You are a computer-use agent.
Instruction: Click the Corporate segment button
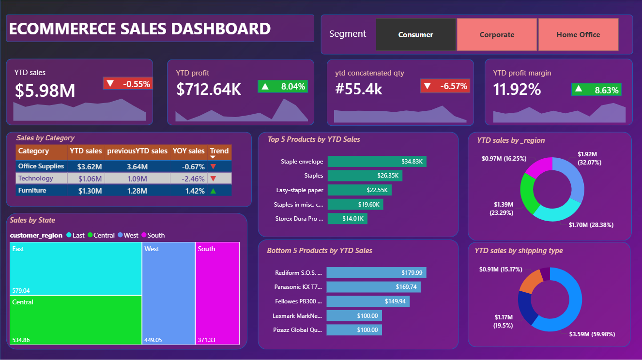pyautogui.click(x=497, y=35)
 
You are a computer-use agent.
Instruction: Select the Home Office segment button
pyautogui.click(x=578, y=35)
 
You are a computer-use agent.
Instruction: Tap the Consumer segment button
pyautogui.click(x=415, y=35)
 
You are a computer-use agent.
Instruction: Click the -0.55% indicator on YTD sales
pyautogui.click(x=128, y=84)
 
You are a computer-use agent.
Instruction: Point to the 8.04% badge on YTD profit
pyautogui.click(x=283, y=86)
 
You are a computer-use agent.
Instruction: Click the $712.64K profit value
pyautogui.click(x=208, y=89)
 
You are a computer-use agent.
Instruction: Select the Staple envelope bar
pyautogui.click(x=377, y=161)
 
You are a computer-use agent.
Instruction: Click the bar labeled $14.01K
pyautogui.click(x=347, y=219)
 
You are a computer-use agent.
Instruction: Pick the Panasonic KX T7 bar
pyautogui.click(x=373, y=286)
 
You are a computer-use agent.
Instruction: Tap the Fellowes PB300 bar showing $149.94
pyautogui.click(x=368, y=301)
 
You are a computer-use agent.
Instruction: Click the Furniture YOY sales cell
pyautogui.click(x=189, y=191)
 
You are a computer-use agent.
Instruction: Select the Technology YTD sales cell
pyautogui.click(x=86, y=179)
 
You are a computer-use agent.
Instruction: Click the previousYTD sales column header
pyautogui.click(x=138, y=151)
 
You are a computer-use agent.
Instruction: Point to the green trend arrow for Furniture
pyautogui.click(x=213, y=191)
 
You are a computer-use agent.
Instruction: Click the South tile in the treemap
pyautogui.click(x=217, y=293)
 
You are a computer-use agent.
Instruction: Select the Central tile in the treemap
pyautogui.click(x=76, y=320)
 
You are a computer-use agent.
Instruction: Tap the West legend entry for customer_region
pyautogui.click(x=128, y=235)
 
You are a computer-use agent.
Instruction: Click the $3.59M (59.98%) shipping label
pyautogui.click(x=592, y=334)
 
